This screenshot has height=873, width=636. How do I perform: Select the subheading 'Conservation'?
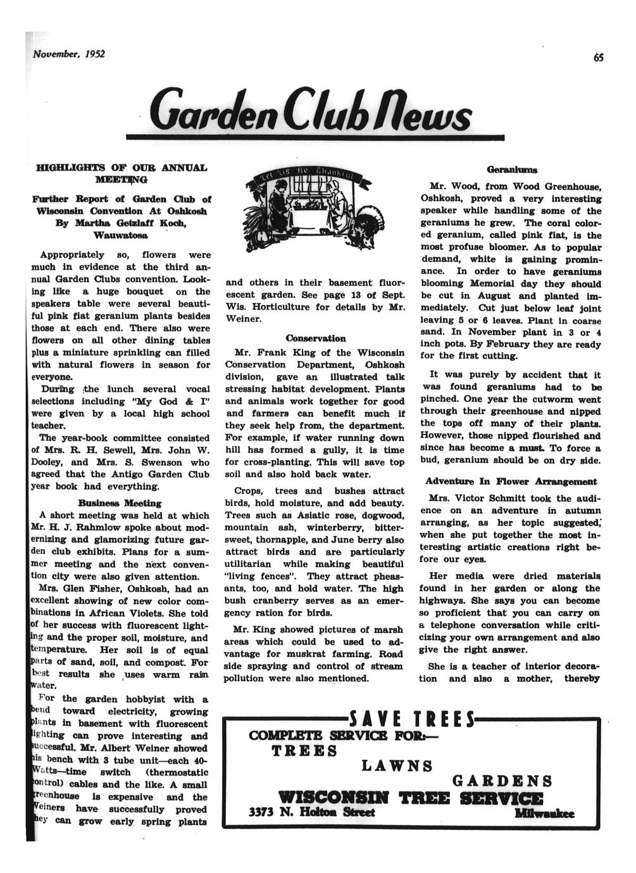tap(315, 338)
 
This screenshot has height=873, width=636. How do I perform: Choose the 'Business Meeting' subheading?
tap(120, 503)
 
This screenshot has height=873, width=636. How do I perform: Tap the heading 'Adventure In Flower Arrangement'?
tap(511, 481)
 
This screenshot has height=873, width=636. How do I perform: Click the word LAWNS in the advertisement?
tap(397, 766)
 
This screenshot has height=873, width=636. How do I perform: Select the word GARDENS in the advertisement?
tap(503, 781)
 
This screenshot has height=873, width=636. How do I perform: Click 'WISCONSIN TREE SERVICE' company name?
tap(409, 798)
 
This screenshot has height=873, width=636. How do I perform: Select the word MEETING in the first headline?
tap(120, 180)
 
